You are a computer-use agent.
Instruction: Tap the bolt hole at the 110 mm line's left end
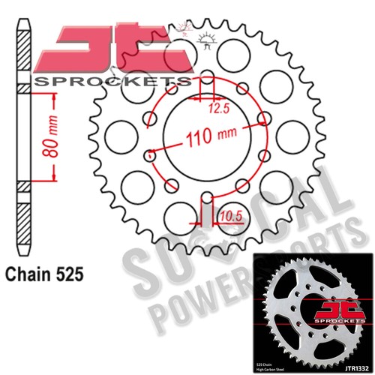pyautogui.click(x=151, y=154)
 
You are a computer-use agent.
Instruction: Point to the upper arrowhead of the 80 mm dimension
pyautogui.click(x=54, y=97)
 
